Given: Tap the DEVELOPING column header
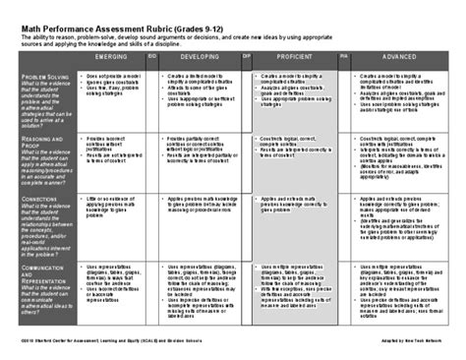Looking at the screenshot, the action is [203, 60].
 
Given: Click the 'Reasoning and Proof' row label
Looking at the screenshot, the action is [39, 144].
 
